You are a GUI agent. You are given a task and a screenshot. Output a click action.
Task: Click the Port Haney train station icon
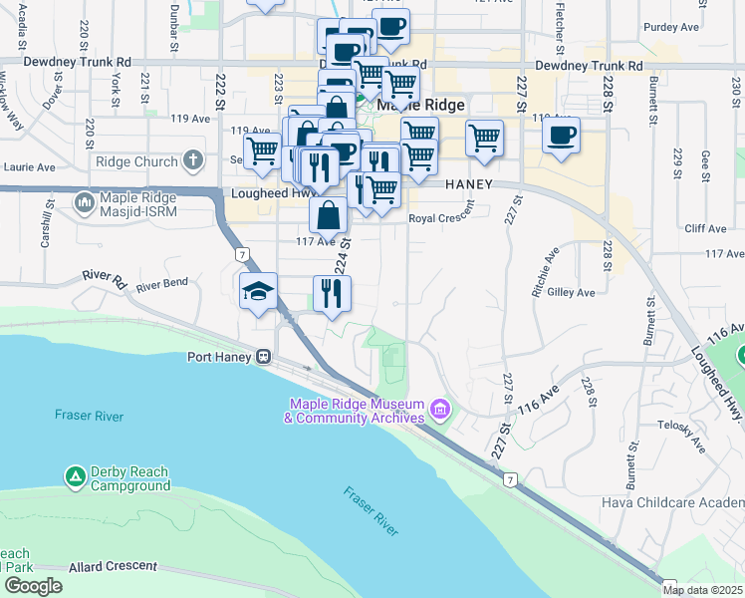(263, 356)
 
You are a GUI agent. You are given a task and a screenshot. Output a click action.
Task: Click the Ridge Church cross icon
(193, 160)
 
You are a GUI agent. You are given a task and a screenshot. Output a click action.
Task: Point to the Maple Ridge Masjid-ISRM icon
(85, 203)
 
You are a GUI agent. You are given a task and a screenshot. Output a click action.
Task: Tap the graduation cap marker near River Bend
(259, 291)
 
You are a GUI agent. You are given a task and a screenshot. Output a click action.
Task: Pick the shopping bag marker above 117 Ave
(329, 213)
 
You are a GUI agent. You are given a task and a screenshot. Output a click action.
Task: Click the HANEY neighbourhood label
(470, 184)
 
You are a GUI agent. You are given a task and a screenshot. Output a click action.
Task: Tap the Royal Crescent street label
(442, 218)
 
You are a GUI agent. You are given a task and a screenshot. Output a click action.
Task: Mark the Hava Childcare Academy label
(672, 502)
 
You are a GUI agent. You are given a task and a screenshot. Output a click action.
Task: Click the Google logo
(32, 586)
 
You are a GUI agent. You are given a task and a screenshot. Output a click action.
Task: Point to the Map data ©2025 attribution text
(701, 590)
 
